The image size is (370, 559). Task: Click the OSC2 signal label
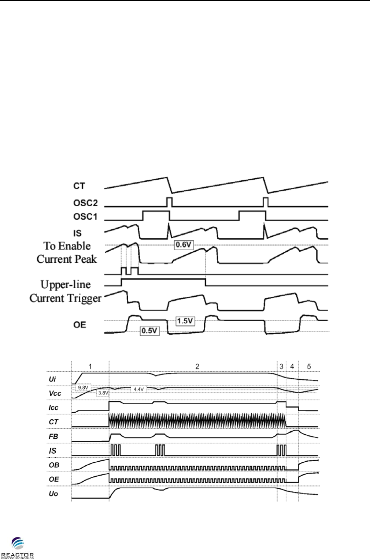pyautogui.click(x=85, y=203)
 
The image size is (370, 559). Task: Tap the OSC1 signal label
pyautogui.click(x=85, y=217)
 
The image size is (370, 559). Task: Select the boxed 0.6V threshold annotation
pyautogui.click(x=184, y=245)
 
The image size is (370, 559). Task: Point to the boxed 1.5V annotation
pyautogui.click(x=185, y=321)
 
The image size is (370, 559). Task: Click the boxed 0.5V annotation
pyautogui.click(x=149, y=331)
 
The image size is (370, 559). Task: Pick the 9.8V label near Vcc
pyautogui.click(x=83, y=387)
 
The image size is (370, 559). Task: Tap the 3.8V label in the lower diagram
pyautogui.click(x=103, y=393)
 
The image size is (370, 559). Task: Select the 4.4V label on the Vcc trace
pyautogui.click(x=138, y=389)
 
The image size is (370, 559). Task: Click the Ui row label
pyautogui.click(x=52, y=379)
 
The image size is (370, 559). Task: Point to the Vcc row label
pyautogui.click(x=55, y=393)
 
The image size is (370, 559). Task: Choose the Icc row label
pyautogui.click(x=53, y=408)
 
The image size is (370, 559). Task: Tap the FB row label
pyautogui.click(x=53, y=436)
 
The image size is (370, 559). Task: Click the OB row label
pyautogui.click(x=54, y=465)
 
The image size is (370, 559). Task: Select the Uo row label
pyautogui.click(x=53, y=494)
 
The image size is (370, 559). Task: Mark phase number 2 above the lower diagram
pyautogui.click(x=197, y=366)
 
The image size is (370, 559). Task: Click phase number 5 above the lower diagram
pyautogui.click(x=309, y=366)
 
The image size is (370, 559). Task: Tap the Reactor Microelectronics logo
pyautogui.click(x=17, y=548)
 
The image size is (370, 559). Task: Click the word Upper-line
pyautogui.click(x=66, y=285)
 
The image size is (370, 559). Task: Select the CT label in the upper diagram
pyautogui.click(x=79, y=186)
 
